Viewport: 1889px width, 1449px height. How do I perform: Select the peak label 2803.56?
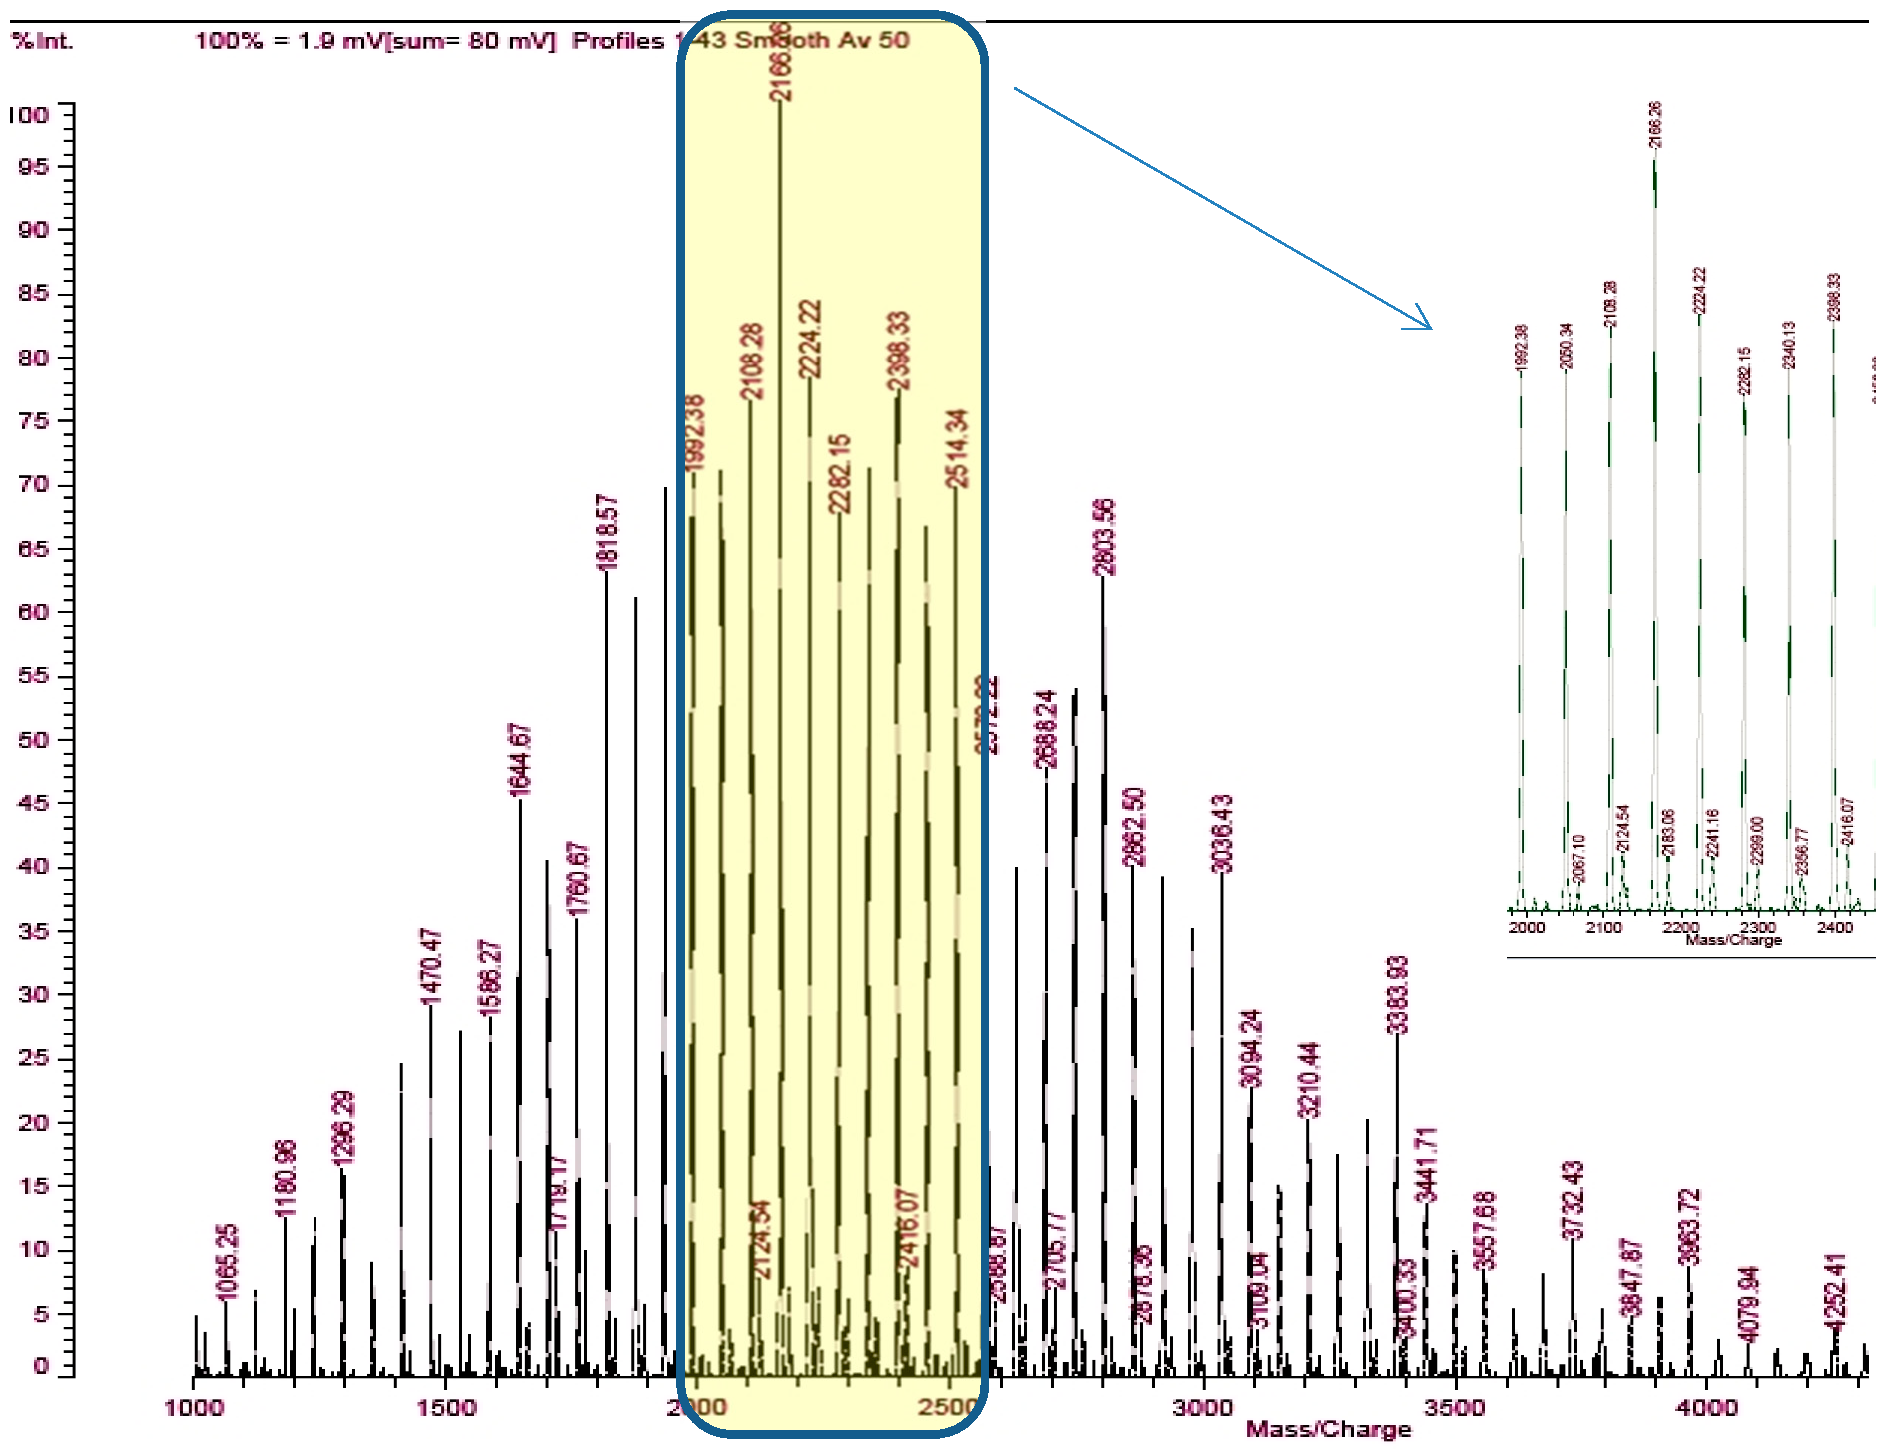[x=1104, y=536]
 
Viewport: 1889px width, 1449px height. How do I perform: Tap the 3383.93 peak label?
[x=1398, y=994]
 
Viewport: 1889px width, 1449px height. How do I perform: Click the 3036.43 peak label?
[x=1223, y=834]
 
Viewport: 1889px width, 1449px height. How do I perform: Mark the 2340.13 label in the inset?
[x=1789, y=345]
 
